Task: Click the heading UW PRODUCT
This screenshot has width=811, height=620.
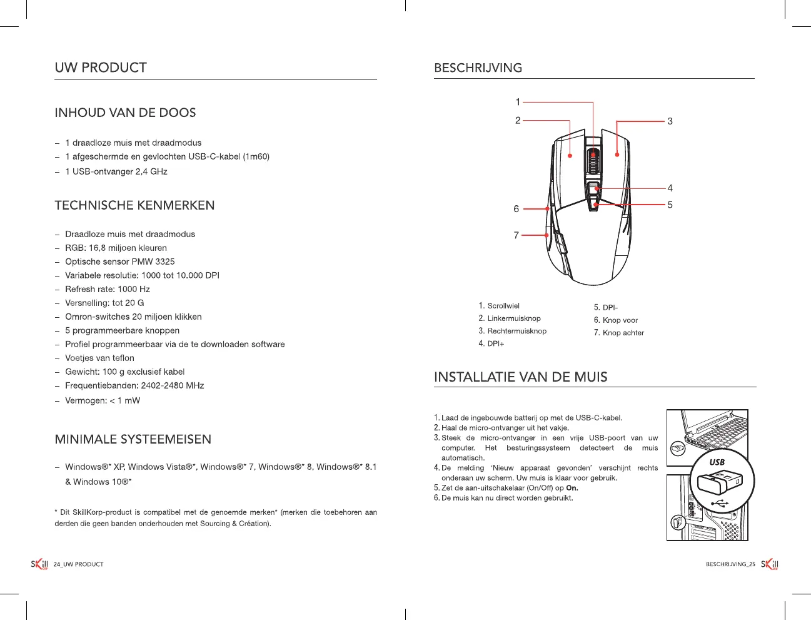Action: point(101,68)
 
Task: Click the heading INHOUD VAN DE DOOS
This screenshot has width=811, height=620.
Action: point(125,113)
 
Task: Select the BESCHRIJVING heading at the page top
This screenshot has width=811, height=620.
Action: point(478,68)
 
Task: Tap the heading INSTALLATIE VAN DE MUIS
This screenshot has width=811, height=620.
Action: point(520,377)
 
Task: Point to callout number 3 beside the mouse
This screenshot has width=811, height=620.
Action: point(670,121)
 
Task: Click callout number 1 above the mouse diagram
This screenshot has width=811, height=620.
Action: point(518,102)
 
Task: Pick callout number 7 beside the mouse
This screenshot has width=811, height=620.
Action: point(516,235)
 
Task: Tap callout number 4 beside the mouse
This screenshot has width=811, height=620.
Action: point(670,188)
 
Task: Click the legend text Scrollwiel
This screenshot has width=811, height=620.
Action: point(503,306)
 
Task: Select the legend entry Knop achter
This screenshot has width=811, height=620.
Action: point(623,333)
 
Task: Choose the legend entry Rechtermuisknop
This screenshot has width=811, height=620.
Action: point(516,331)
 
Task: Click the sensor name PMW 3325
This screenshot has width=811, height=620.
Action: point(156,262)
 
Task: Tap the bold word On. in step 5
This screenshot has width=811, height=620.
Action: point(572,488)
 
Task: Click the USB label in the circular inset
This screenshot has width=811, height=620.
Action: point(717,462)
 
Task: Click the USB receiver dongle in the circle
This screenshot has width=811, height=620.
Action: point(719,483)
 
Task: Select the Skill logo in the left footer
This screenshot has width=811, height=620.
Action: point(39,564)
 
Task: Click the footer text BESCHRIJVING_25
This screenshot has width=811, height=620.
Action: point(730,564)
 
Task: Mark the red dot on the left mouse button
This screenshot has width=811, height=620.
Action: point(570,155)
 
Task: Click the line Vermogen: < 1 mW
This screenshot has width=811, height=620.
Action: point(103,400)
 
